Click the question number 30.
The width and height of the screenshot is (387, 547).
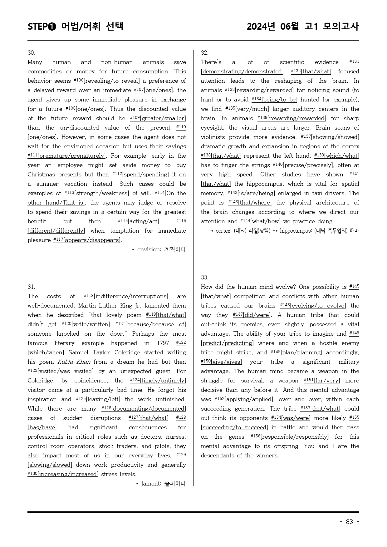[32, 53]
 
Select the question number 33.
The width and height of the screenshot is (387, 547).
[205, 278]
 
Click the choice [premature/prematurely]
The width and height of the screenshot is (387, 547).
[72, 156]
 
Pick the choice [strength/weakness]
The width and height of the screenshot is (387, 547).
[101, 193]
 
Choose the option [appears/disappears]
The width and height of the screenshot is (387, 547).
[92, 240]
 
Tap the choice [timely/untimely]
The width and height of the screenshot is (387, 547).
[163, 381]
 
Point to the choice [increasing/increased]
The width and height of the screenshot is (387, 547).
[68, 474]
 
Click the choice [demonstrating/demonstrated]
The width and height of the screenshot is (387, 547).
[242, 71]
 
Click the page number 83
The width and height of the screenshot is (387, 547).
[349, 522]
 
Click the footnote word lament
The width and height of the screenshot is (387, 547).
[151, 484]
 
